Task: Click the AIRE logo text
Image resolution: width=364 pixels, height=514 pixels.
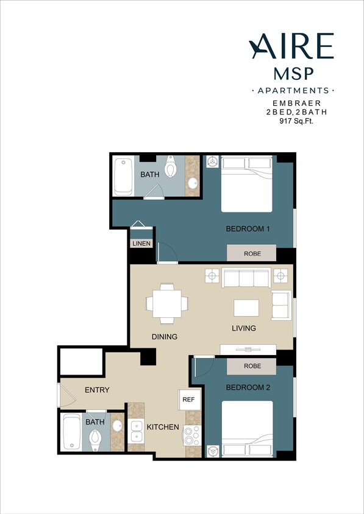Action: tap(291, 46)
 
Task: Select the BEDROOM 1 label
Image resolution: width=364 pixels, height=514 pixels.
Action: tap(248, 229)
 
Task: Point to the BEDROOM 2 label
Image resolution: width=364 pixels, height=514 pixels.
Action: tap(248, 387)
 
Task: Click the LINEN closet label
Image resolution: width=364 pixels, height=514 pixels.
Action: tap(141, 244)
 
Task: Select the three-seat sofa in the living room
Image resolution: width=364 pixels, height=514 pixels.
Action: tap(246, 278)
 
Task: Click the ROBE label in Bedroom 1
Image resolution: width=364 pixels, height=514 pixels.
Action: tap(252, 253)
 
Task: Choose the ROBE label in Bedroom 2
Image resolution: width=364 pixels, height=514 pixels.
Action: tap(252, 367)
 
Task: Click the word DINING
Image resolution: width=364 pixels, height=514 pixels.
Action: tap(165, 337)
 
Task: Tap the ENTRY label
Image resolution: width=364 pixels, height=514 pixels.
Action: tap(97, 390)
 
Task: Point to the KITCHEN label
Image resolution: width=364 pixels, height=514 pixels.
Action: tap(163, 427)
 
